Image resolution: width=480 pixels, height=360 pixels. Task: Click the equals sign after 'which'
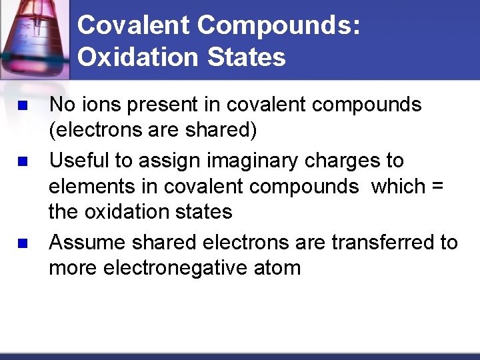[437, 187]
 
